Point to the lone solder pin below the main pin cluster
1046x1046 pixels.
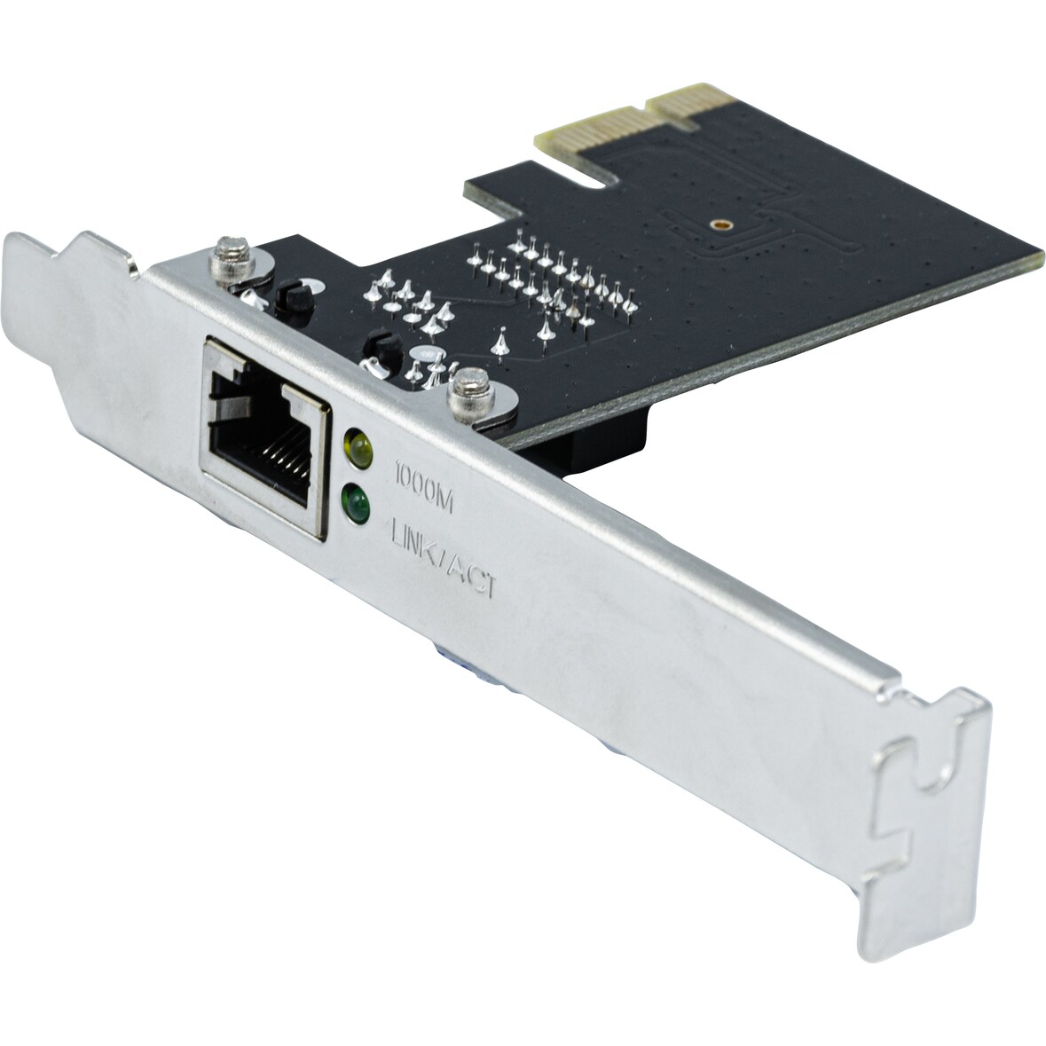point(501,342)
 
